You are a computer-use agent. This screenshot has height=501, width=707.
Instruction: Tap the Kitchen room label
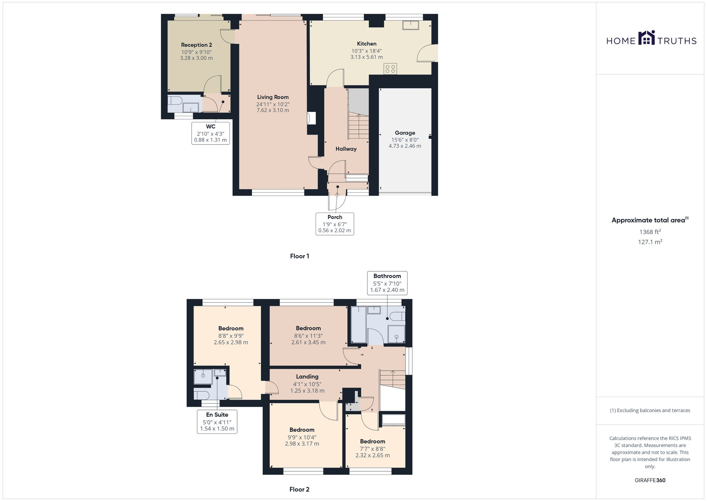(x=367, y=44)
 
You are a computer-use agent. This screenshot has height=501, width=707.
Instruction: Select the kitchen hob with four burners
(x=390, y=69)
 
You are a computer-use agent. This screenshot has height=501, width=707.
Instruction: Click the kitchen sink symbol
(x=410, y=25)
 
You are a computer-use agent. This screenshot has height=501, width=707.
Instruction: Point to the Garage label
(x=405, y=133)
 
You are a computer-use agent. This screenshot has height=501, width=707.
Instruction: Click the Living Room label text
(x=273, y=97)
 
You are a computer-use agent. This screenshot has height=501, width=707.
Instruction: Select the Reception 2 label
(x=196, y=45)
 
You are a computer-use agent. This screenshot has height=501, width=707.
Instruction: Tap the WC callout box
(x=210, y=133)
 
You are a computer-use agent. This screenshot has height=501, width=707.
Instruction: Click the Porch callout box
(x=334, y=224)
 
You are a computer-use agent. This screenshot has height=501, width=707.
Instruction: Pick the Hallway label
(x=346, y=149)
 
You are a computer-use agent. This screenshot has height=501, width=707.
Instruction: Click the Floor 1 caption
(x=299, y=256)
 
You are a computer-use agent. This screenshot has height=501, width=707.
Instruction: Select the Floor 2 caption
(x=299, y=490)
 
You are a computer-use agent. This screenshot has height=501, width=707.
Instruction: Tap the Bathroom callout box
(x=387, y=283)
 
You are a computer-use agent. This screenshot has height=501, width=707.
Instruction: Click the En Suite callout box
(x=217, y=422)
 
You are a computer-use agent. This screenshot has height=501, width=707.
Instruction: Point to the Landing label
(x=307, y=377)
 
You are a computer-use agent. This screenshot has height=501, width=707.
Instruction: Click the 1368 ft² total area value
(x=650, y=232)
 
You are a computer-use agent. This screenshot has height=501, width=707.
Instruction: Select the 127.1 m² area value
(x=650, y=242)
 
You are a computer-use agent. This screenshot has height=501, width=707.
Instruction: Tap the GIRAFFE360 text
(x=650, y=480)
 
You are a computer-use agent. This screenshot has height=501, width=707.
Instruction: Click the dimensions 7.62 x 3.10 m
(x=273, y=110)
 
